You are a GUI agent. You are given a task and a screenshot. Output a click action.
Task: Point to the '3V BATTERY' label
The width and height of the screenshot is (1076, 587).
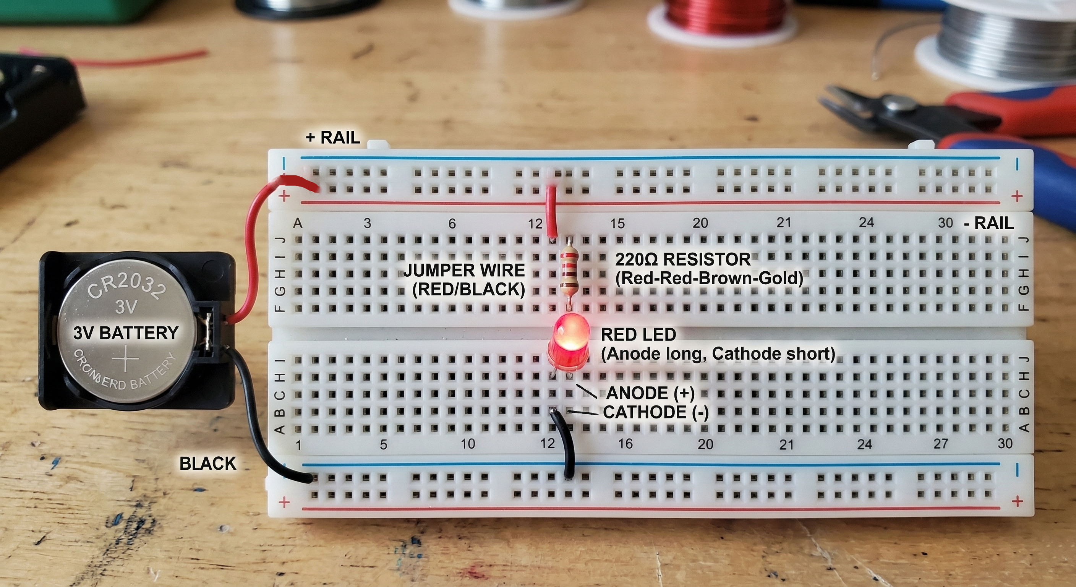(x=126, y=333)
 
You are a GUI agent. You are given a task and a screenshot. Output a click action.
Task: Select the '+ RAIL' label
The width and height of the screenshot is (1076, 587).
(x=333, y=137)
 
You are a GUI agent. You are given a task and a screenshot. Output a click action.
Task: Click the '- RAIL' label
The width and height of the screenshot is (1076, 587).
(x=989, y=224)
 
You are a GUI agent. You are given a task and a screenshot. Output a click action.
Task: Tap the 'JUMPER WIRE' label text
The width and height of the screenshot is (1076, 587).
(x=463, y=270)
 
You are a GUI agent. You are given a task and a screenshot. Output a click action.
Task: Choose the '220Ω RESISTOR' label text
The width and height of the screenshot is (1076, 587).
(x=682, y=259)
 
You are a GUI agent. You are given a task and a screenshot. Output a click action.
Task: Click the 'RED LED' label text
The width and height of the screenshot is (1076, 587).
(x=638, y=334)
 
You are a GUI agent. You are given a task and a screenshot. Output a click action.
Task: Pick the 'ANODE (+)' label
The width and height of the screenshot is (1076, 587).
(x=650, y=393)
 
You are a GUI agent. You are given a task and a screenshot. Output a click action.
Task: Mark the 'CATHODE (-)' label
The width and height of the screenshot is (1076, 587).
(x=656, y=412)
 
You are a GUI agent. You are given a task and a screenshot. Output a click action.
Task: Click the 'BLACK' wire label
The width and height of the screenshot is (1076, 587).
(x=207, y=463)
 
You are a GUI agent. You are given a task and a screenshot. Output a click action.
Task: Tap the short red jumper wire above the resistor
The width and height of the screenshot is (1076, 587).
(x=551, y=211)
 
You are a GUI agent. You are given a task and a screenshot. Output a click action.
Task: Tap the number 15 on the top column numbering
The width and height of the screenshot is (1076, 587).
(x=617, y=224)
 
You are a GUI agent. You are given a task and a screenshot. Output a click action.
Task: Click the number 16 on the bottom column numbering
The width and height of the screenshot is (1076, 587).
(x=625, y=443)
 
